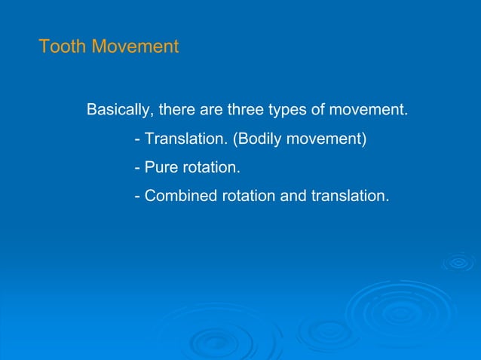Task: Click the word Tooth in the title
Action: pos(63,47)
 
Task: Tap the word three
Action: pos(247,110)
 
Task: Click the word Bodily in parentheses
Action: pos(260,139)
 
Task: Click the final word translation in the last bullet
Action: pos(349,196)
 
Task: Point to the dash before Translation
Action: pos(137,139)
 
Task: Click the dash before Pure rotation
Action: pos(137,168)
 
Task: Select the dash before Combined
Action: pos(137,197)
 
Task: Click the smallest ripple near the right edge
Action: pos(458,262)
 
